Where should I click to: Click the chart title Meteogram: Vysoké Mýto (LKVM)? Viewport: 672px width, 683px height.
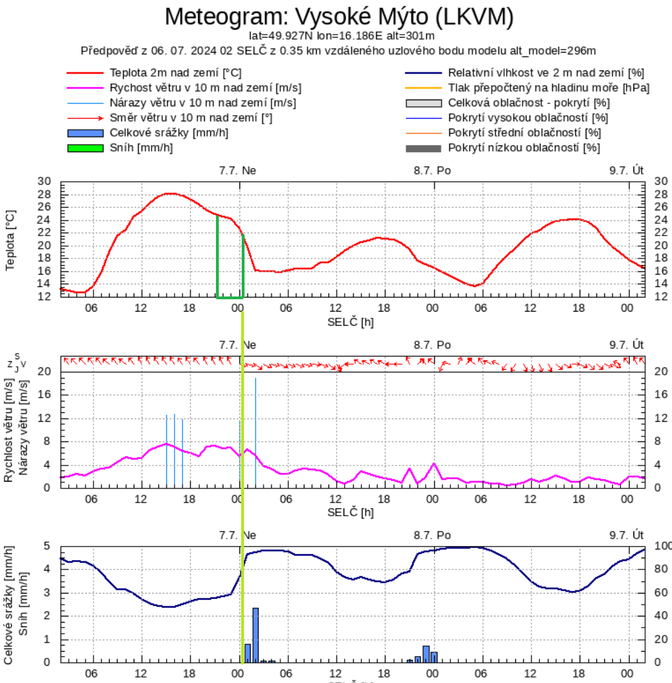click(x=339, y=17)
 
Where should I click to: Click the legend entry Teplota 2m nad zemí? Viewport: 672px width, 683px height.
click(x=175, y=73)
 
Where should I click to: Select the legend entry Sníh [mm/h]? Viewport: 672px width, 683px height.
click(x=141, y=148)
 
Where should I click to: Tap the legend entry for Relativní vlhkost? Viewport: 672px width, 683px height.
click(x=546, y=73)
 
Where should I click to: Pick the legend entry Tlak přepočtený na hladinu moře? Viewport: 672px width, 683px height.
click(x=548, y=88)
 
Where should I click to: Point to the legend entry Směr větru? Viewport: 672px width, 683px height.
click(x=190, y=117)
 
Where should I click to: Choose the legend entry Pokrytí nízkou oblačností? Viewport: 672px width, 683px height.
click(x=524, y=148)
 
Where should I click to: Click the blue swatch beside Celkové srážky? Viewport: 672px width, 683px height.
click(x=85, y=133)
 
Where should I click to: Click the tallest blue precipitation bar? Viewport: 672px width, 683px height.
click(x=256, y=635)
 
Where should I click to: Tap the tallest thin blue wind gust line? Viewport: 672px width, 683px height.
click(x=256, y=431)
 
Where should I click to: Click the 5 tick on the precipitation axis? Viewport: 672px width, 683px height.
click(x=47, y=546)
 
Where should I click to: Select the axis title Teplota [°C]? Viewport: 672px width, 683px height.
click(x=10, y=241)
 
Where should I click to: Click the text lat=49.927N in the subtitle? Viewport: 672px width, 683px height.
click(x=281, y=36)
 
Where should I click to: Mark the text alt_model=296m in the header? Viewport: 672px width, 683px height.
click(x=552, y=51)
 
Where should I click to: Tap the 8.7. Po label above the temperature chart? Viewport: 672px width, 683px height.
click(x=432, y=170)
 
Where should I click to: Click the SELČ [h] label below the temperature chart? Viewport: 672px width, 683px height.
click(x=350, y=322)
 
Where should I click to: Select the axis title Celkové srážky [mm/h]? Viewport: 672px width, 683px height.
click(x=8, y=605)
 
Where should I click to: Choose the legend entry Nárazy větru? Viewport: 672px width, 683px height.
click(x=203, y=103)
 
